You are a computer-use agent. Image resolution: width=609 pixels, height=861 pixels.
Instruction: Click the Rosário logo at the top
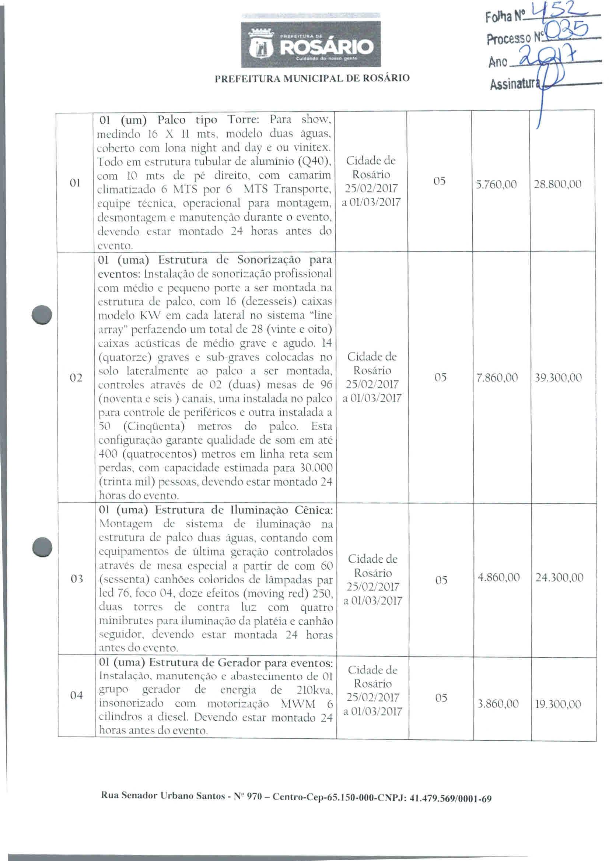click(310, 45)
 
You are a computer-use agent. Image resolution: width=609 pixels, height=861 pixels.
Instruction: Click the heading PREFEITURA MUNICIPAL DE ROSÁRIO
click(312, 78)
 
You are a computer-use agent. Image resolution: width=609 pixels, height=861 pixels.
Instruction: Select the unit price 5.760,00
click(496, 184)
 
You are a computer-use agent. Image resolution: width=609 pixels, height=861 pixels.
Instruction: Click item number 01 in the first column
click(75, 183)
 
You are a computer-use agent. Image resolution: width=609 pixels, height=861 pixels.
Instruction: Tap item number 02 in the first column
click(76, 377)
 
